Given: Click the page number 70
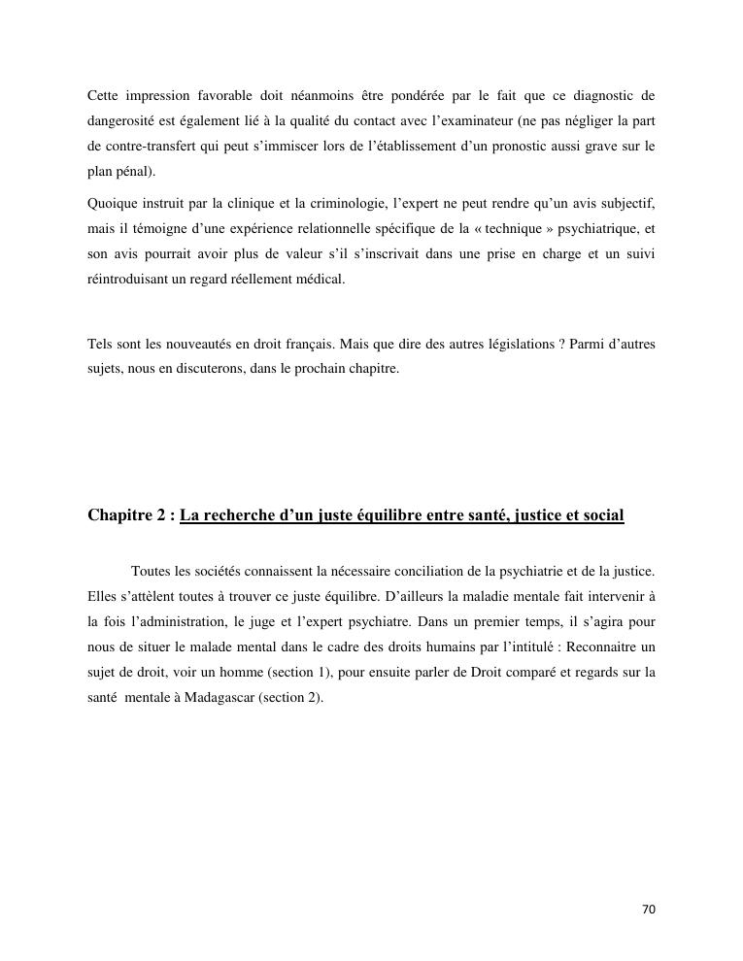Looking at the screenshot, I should click(x=649, y=910).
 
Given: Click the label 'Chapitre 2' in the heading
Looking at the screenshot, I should click(x=124, y=515).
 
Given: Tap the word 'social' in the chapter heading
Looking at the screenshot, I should click(x=602, y=515).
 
